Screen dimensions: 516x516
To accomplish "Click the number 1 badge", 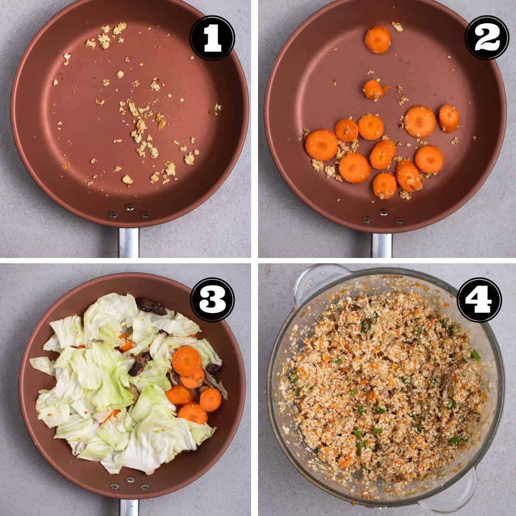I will (212, 38).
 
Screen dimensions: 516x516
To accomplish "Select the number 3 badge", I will (212, 299).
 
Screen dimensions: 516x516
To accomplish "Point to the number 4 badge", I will (479, 299).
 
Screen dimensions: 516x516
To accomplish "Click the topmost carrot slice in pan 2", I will (378, 40).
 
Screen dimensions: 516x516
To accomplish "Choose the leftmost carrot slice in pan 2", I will (321, 144).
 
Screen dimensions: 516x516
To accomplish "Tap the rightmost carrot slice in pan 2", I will (448, 118).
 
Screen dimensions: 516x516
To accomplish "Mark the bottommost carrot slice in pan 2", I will (385, 185).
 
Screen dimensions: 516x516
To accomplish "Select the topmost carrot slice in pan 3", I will (186, 362).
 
